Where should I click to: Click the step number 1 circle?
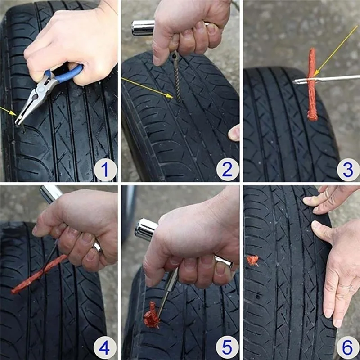[x=105, y=170]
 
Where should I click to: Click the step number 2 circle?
[x=227, y=170]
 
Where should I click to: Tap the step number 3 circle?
[x=348, y=170]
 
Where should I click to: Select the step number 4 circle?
[x=105, y=348]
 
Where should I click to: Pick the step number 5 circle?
[x=227, y=348]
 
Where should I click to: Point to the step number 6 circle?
[x=348, y=348]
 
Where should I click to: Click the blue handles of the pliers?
[x=67, y=74]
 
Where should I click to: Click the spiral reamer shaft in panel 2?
[x=177, y=81]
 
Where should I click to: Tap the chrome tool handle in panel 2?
[x=143, y=27]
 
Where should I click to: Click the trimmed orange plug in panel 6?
[x=252, y=260]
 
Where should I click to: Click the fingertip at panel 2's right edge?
[x=234, y=133]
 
